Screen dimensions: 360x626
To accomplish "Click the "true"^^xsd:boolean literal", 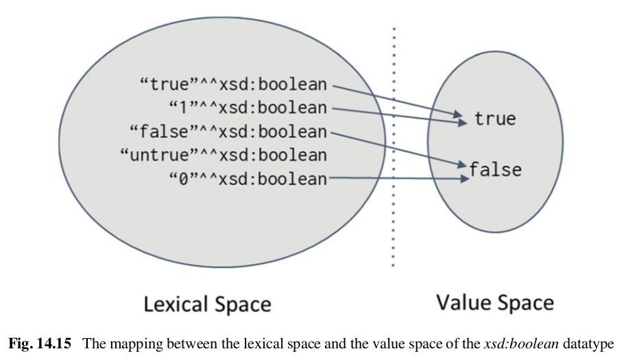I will click(233, 85).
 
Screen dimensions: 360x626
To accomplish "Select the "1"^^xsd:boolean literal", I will click(247, 107).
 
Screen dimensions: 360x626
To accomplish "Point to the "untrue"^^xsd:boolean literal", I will click(223, 154).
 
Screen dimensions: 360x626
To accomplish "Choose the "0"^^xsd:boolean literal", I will click(247, 179).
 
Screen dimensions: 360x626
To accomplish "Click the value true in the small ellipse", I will click(494, 119).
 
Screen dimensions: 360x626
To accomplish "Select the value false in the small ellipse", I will click(496, 169).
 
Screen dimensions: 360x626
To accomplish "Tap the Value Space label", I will click(494, 302).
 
